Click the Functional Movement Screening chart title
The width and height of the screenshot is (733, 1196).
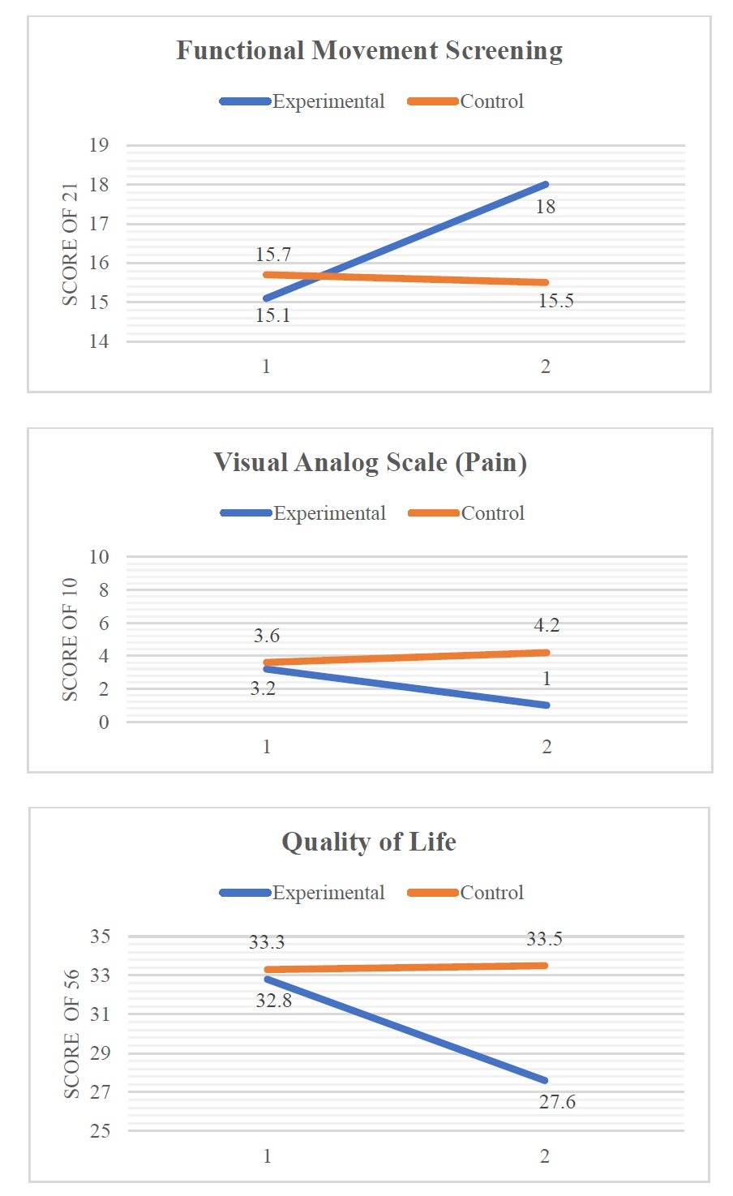pyautogui.click(x=369, y=51)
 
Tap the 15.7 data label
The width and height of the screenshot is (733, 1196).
pyautogui.click(x=273, y=255)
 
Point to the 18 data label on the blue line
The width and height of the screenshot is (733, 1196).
pyautogui.click(x=546, y=207)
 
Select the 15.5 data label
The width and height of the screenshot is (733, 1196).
pyautogui.click(x=556, y=301)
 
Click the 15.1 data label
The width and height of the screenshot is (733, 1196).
pyautogui.click(x=273, y=315)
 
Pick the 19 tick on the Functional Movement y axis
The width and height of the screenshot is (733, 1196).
pyautogui.click(x=99, y=146)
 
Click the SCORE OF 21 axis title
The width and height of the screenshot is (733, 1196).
pyautogui.click(x=71, y=244)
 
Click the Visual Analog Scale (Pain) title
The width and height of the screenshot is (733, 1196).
pyautogui.click(x=370, y=463)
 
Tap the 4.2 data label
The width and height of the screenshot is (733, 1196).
pyautogui.click(x=547, y=625)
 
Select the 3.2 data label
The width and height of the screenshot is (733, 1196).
pyautogui.click(x=263, y=689)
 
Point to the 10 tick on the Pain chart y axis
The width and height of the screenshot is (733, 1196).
pyautogui.click(x=99, y=557)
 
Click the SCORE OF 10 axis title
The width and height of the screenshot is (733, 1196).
pyautogui.click(x=71, y=640)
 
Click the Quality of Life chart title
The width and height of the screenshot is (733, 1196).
pyautogui.click(x=369, y=842)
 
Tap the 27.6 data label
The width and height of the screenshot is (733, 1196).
pyautogui.click(x=557, y=1102)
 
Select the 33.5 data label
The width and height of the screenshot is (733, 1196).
pyautogui.click(x=544, y=939)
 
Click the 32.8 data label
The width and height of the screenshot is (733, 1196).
pyautogui.click(x=274, y=1001)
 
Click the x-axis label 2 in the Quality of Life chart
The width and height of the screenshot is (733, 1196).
pyautogui.click(x=545, y=1156)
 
